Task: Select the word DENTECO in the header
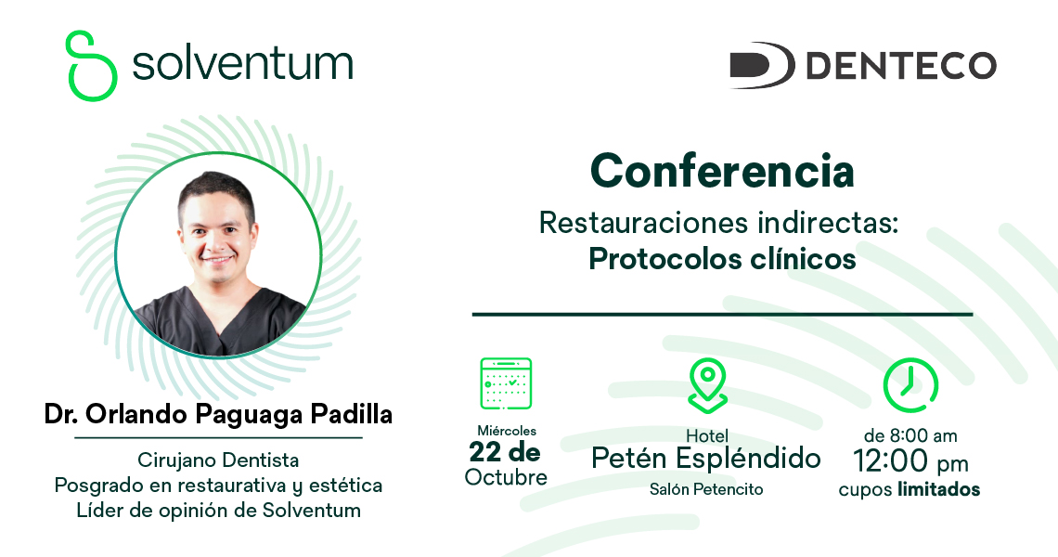point(901,66)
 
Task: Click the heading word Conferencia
point(722,171)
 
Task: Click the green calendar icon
point(506,383)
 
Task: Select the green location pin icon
point(707,385)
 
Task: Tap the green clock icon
point(910,385)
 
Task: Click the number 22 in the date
point(485,451)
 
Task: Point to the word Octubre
point(506,477)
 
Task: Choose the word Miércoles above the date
point(507,431)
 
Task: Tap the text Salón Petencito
point(706,489)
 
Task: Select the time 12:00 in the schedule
point(890,461)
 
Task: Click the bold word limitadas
point(938,489)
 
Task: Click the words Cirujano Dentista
point(218,460)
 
